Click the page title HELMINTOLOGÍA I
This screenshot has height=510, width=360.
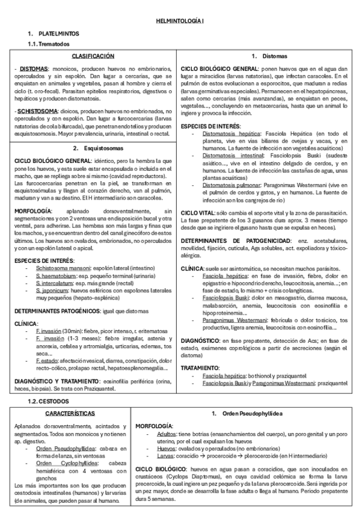180,21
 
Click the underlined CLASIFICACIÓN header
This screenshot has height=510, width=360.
93,56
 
